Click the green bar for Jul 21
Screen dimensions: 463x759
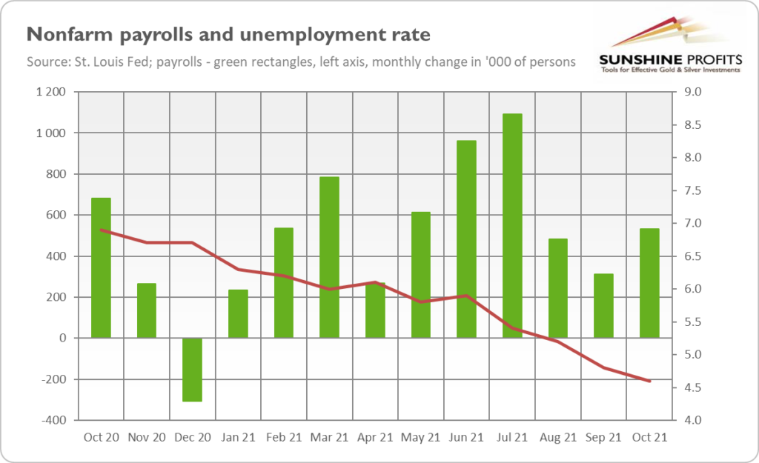(512, 226)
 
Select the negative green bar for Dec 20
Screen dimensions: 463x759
(193, 370)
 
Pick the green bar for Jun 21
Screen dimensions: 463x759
(466, 239)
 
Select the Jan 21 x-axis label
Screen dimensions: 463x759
(238, 437)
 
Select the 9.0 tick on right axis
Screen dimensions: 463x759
(693, 93)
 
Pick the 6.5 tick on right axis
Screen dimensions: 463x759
(693, 256)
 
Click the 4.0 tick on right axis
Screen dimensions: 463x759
(693, 421)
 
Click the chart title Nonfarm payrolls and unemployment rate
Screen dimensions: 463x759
(228, 36)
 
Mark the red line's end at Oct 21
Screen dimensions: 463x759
(649, 382)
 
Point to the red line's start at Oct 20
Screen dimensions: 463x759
(101, 230)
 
